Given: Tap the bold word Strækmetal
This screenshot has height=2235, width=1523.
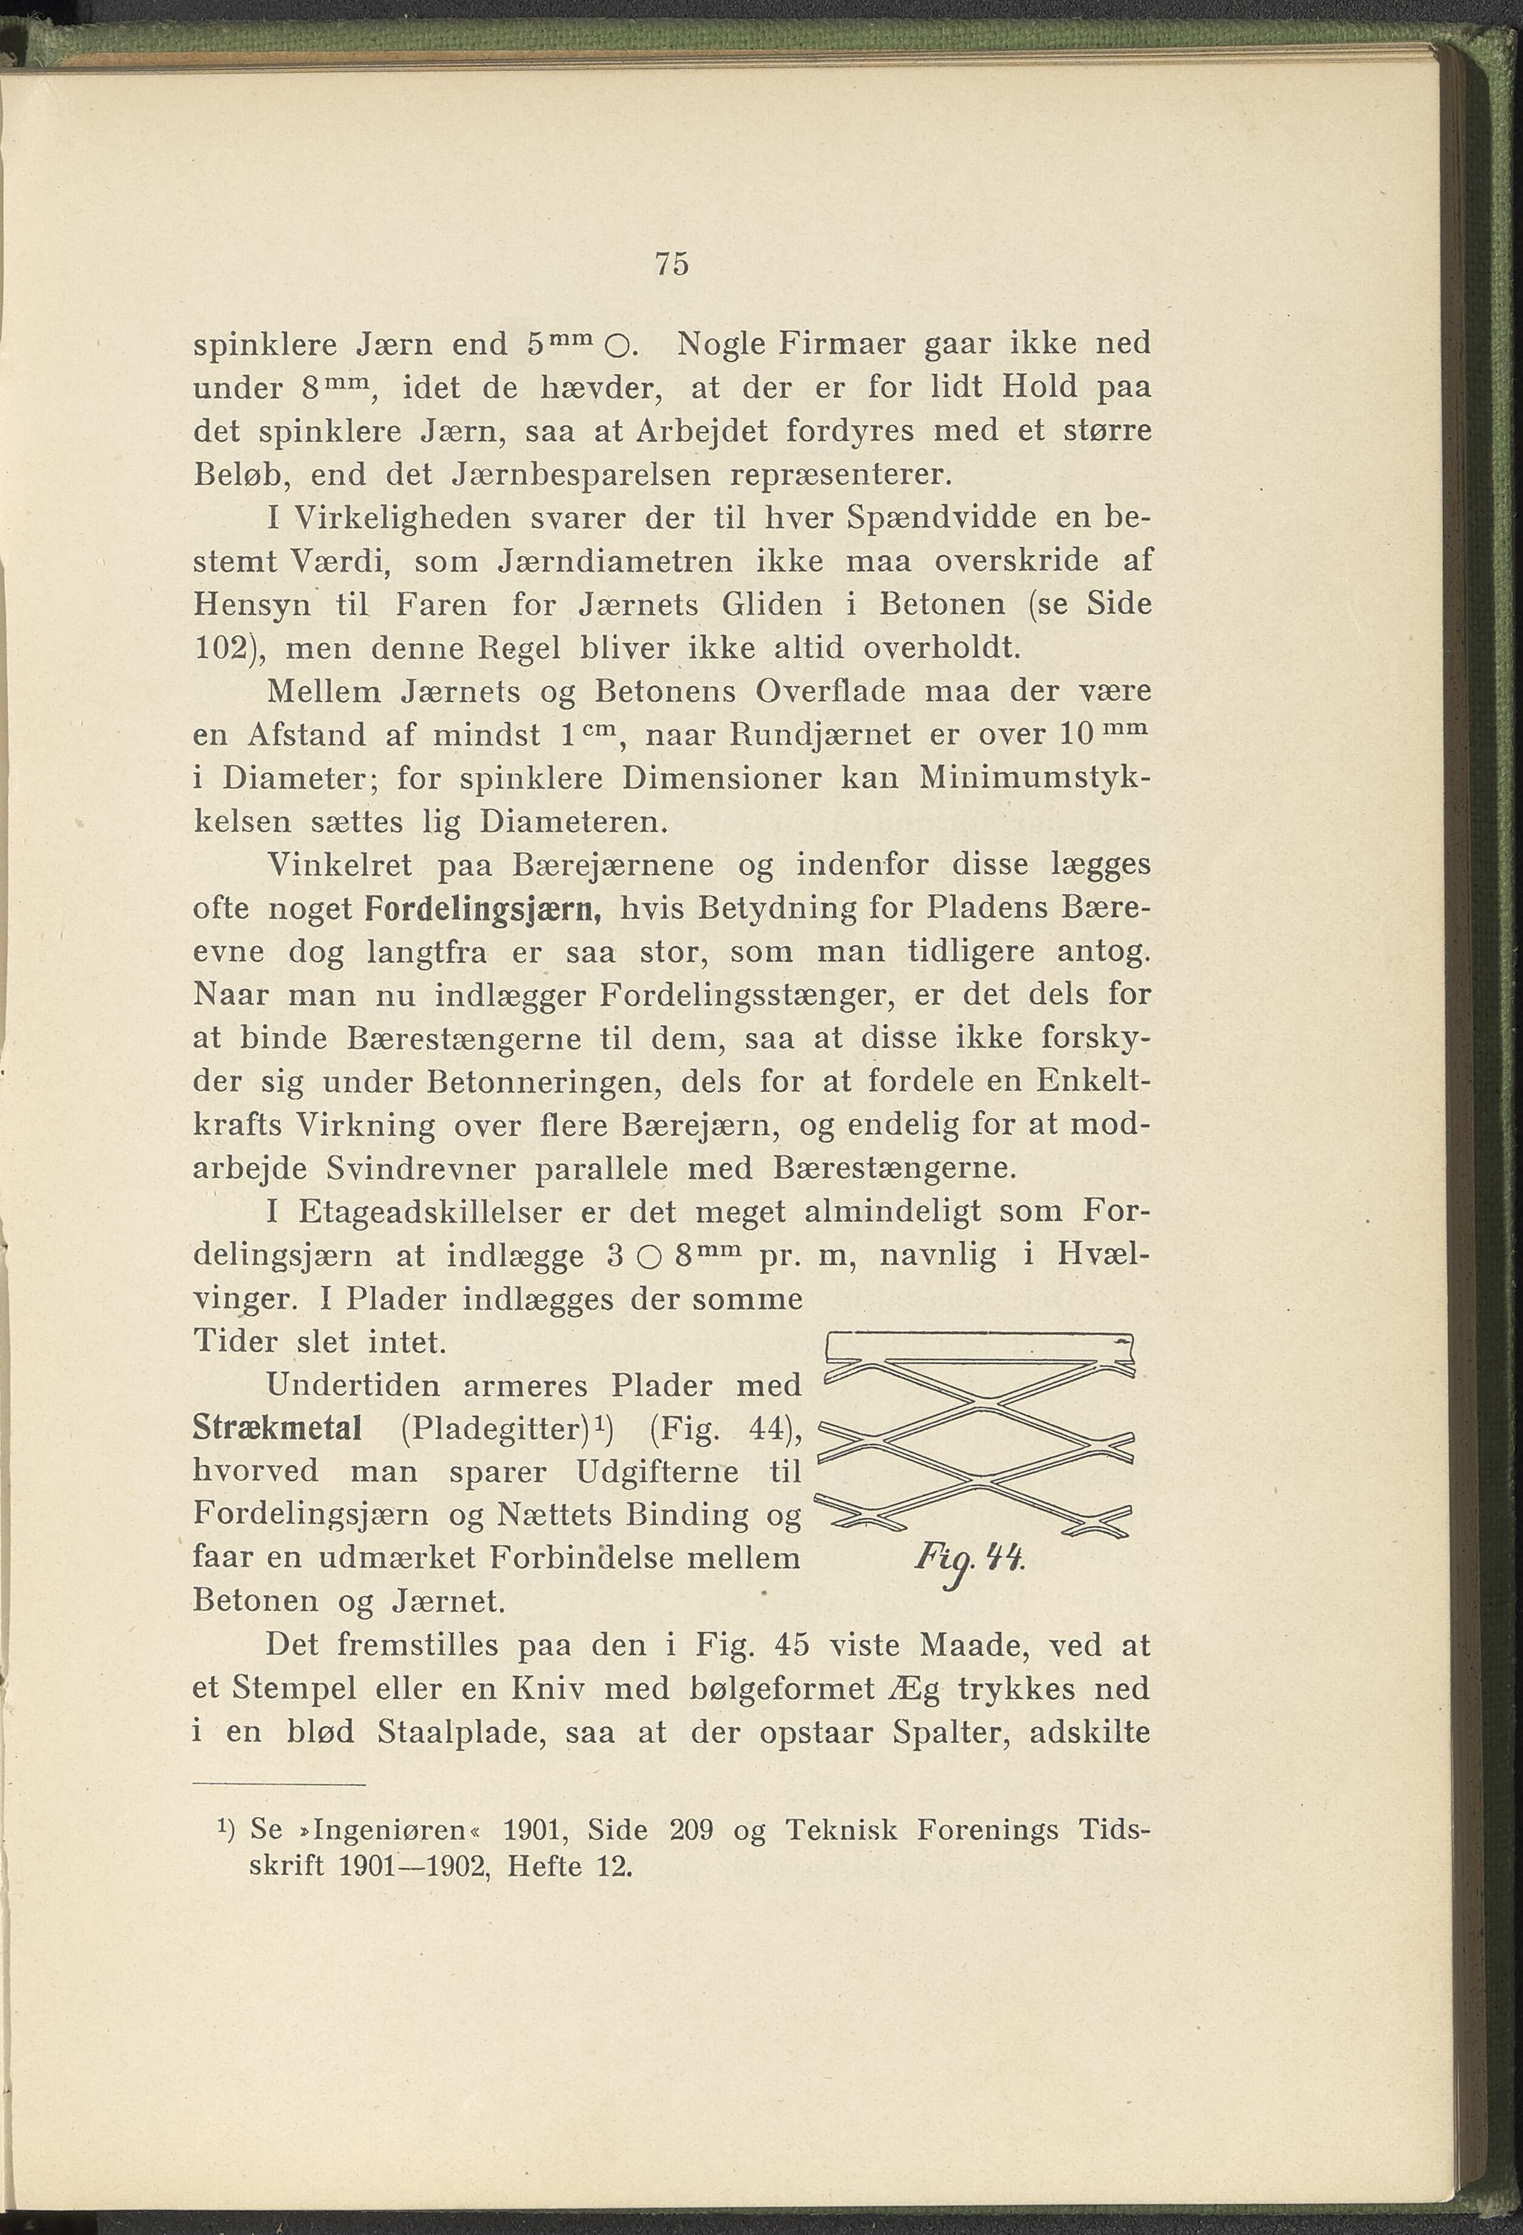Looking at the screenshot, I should click(277, 1428).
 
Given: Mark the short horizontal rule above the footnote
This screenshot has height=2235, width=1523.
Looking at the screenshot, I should click(279, 1786).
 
